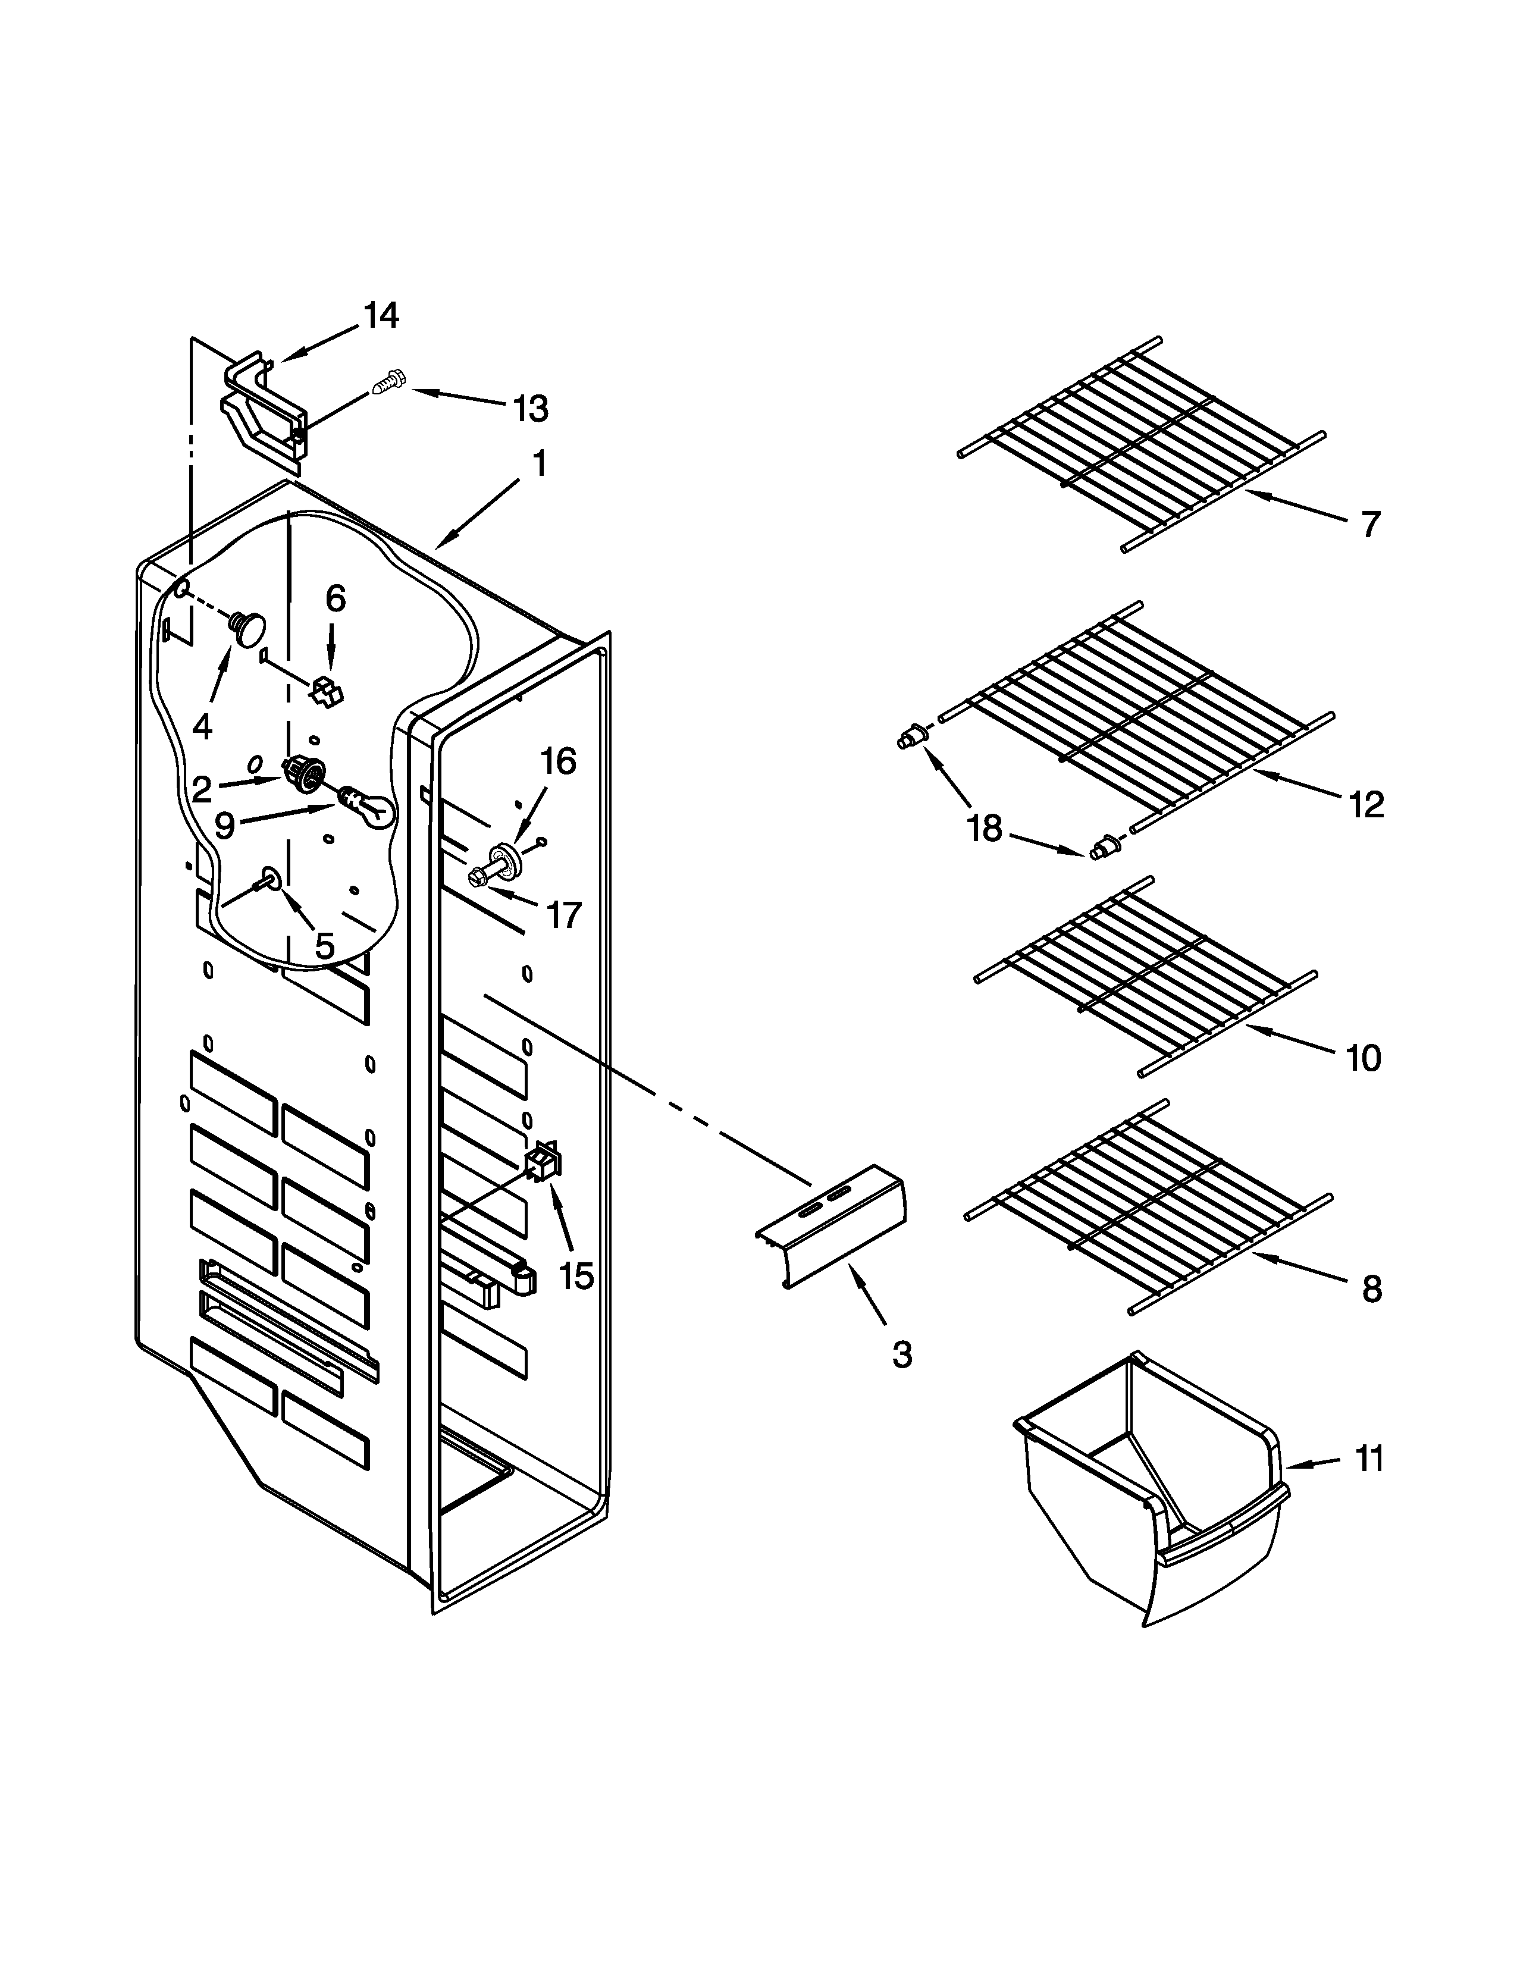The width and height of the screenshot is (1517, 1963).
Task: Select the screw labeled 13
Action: tap(387, 385)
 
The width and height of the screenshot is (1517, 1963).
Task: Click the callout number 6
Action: tap(334, 598)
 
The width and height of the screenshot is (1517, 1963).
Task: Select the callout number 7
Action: tap(1369, 524)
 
